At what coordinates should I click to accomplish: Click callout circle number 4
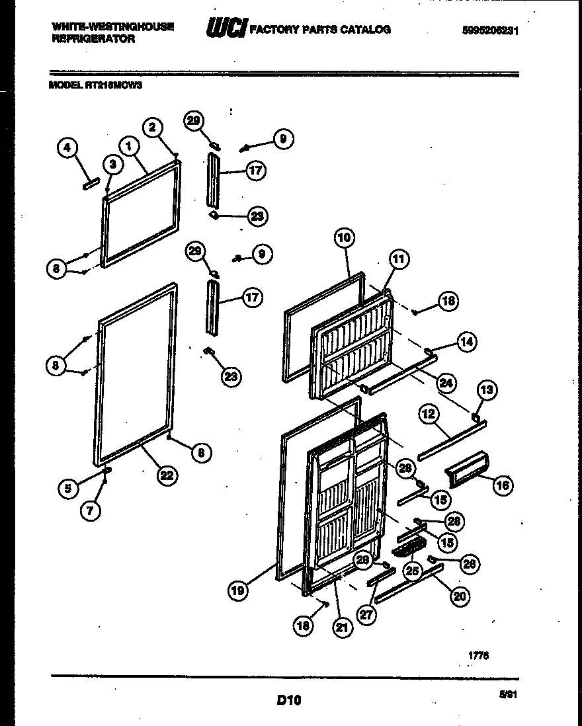click(66, 149)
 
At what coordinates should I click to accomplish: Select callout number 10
click(345, 238)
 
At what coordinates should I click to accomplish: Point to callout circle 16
click(503, 486)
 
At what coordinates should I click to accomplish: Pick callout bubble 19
click(239, 590)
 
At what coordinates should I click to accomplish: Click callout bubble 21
click(341, 628)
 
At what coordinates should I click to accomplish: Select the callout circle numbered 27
click(367, 614)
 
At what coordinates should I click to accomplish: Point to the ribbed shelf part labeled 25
click(407, 547)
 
